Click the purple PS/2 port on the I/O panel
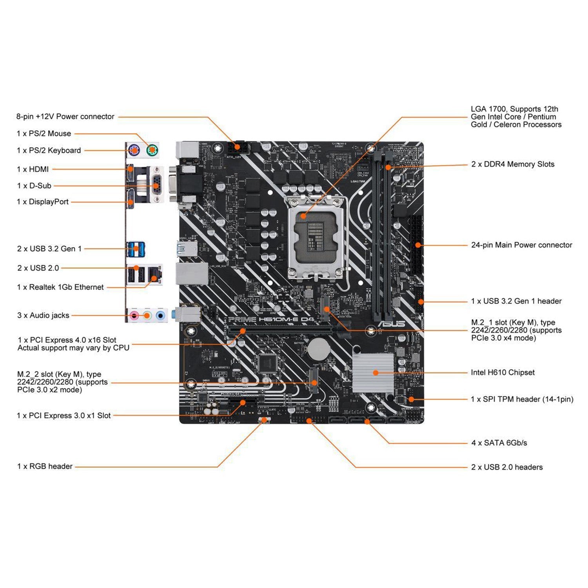pos(134,149)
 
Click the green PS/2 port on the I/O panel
pos(152,149)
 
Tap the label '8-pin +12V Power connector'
pos(65,116)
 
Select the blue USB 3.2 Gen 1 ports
pos(136,249)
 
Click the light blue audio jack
pos(160,315)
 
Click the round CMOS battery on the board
pos(318,348)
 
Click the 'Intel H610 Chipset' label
pos(503,372)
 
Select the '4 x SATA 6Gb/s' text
pos(499,443)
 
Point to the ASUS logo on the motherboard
pos(392,324)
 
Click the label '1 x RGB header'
pos(45,466)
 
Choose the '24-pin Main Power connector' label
pos(521,245)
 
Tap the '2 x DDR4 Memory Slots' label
pos(513,164)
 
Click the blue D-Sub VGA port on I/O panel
pos(156,184)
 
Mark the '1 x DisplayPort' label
pos(43,202)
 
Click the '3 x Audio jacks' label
pos(43,315)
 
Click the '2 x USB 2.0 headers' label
pos(507,467)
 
